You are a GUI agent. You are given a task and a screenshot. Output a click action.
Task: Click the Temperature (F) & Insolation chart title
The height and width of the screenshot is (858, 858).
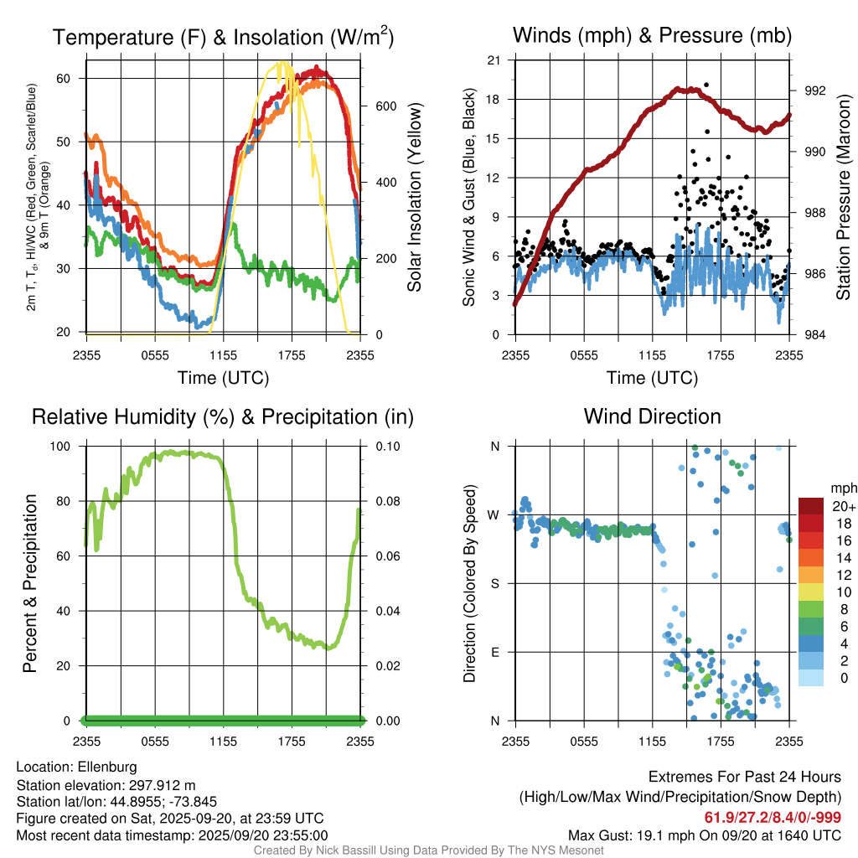(224, 37)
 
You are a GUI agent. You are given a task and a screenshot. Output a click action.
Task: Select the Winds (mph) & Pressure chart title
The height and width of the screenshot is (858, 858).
(652, 35)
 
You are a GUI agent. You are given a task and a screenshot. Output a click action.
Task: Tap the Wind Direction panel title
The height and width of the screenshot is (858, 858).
(652, 416)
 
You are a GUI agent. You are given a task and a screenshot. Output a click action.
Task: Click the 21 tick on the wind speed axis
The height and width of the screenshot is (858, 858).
(494, 60)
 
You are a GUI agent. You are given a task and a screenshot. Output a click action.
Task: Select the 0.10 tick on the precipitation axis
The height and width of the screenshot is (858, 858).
(386, 446)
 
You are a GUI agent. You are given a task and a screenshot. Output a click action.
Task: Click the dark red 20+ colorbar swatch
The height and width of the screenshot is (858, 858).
(811, 506)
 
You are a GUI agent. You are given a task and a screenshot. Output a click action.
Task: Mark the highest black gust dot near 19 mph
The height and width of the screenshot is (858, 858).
(706, 85)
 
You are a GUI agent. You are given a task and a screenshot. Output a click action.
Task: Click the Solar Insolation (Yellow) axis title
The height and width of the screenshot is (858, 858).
(414, 197)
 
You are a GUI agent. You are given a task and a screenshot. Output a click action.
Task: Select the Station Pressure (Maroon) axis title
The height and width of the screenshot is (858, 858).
(843, 197)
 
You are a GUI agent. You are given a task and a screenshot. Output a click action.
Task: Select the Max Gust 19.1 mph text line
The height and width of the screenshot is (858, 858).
(705, 835)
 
